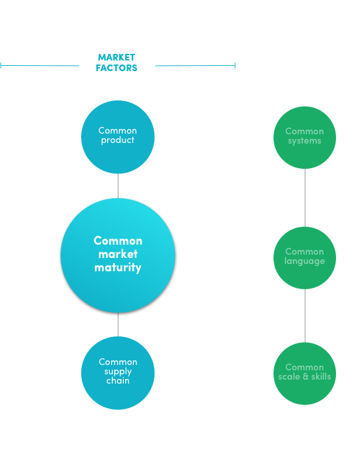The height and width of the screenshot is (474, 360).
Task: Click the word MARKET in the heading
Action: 116,57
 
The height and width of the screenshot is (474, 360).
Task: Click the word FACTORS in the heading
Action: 116,68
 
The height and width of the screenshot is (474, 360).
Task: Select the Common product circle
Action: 118,137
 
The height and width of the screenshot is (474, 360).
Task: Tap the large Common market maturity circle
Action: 118,255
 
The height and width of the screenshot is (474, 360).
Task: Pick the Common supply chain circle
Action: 118,373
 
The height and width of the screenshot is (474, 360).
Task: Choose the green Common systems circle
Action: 305,138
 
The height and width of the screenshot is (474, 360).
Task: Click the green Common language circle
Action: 305,258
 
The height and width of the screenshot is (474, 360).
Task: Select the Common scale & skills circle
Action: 305,374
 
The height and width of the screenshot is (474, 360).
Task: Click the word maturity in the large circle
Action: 118,268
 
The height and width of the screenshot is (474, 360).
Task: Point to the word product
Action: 118,140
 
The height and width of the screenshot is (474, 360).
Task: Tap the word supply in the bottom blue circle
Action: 118,372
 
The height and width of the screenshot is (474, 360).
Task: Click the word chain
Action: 118,380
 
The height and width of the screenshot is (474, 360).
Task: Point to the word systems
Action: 305,141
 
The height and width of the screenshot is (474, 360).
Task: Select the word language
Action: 305,261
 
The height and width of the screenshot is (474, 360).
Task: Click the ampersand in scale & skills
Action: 305,377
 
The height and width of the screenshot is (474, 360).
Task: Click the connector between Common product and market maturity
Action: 118,186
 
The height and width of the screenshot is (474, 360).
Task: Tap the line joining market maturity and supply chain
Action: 118,324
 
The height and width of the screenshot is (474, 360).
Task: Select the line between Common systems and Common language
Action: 305,197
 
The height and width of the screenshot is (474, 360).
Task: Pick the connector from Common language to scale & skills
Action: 305,316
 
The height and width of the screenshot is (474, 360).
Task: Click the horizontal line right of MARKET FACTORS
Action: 196,65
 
